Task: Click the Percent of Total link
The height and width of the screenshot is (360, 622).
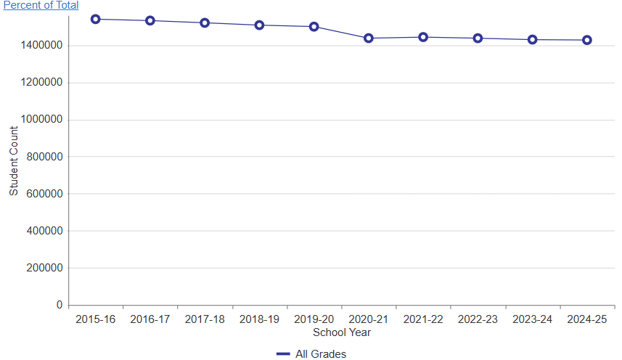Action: click(41, 5)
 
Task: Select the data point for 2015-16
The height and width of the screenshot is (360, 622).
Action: click(95, 19)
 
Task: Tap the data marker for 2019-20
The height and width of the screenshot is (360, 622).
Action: click(314, 27)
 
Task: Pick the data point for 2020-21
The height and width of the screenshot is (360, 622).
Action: click(369, 38)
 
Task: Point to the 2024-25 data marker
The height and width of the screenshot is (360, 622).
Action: click(587, 40)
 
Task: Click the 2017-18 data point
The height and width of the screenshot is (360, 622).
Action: click(205, 22)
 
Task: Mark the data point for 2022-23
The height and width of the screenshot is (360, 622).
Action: click(478, 38)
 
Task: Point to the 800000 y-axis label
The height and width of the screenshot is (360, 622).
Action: click(45, 157)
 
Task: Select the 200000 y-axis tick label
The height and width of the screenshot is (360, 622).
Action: click(45, 268)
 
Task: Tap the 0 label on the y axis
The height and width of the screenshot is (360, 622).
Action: click(60, 306)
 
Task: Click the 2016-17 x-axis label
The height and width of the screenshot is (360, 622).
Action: click(150, 319)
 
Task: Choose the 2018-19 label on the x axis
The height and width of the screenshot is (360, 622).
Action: click(259, 319)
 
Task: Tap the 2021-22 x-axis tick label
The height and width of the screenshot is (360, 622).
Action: click(423, 319)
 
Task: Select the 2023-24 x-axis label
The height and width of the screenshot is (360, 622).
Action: click(533, 319)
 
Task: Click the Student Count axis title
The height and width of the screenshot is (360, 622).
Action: click(14, 160)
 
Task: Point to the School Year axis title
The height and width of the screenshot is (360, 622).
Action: click(342, 332)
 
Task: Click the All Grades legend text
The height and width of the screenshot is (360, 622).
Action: click(321, 354)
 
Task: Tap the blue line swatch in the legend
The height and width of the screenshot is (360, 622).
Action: click(283, 354)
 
